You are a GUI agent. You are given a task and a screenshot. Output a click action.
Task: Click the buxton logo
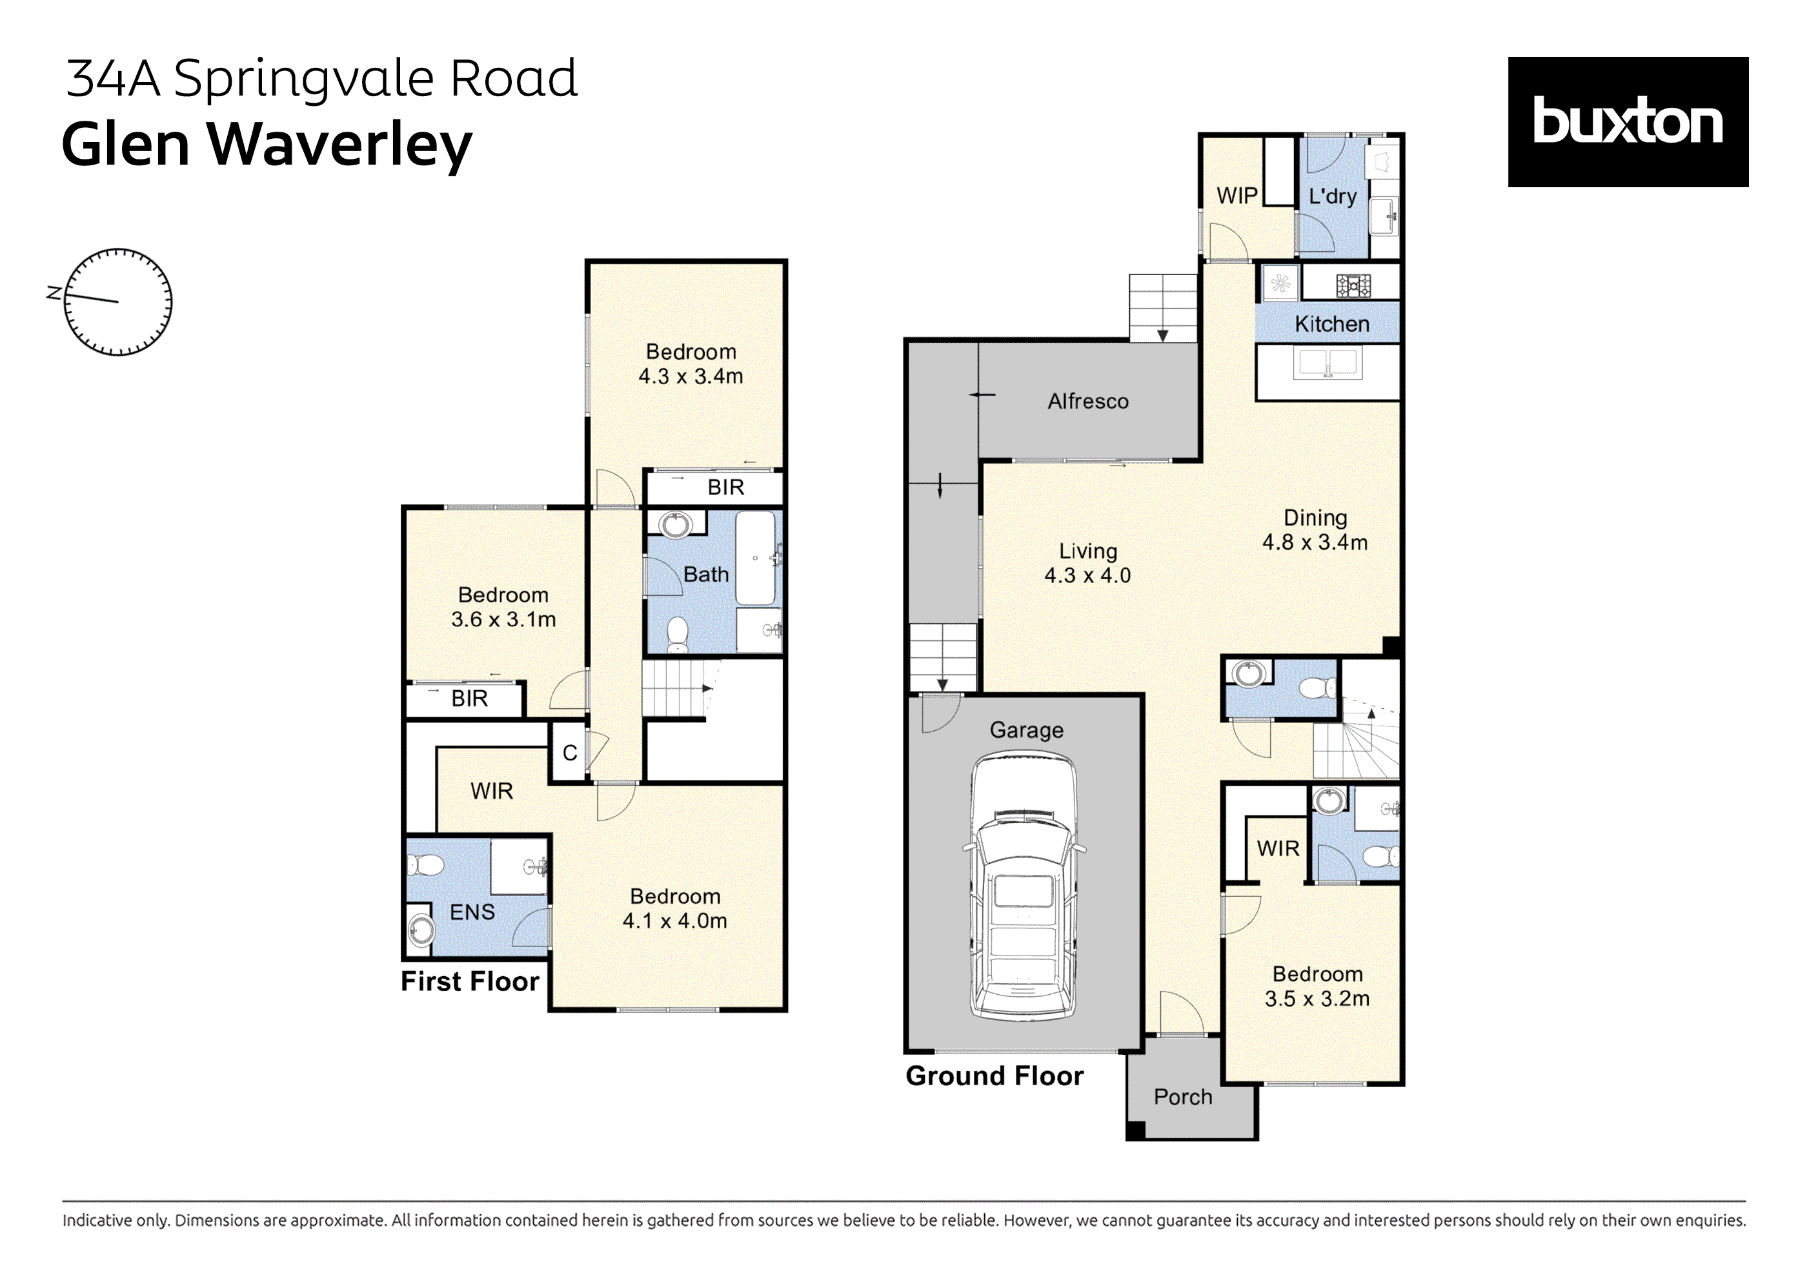pyautogui.click(x=1627, y=122)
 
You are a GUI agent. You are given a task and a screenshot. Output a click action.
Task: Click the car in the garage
pyautogui.click(x=1023, y=885)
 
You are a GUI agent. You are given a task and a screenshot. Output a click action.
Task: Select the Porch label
pyautogui.click(x=1182, y=1097)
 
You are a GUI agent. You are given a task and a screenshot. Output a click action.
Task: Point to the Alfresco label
pyautogui.click(x=1087, y=402)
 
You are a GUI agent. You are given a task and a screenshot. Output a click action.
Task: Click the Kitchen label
pyautogui.click(x=1331, y=323)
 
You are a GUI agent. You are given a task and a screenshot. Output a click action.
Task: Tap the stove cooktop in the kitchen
pyautogui.click(x=1353, y=285)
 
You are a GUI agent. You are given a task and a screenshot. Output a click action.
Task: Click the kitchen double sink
pyautogui.click(x=1327, y=363)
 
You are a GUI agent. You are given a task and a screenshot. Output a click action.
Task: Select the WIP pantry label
pyautogui.click(x=1237, y=195)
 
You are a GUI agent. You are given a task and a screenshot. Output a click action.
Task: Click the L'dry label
pyautogui.click(x=1333, y=196)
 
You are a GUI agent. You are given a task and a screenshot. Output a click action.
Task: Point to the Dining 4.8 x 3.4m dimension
pyautogui.click(x=1315, y=542)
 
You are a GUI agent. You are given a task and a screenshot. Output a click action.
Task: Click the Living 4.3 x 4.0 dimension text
pyautogui.click(x=1087, y=575)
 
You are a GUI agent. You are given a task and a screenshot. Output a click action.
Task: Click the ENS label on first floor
pyautogui.click(x=472, y=912)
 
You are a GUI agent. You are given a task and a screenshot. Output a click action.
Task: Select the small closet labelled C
pyautogui.click(x=570, y=753)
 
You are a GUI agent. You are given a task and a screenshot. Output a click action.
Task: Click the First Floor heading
pyautogui.click(x=470, y=981)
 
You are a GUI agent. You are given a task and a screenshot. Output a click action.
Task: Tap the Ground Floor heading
pyautogui.click(x=994, y=1076)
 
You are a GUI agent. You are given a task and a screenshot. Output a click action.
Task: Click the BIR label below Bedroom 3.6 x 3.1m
pyautogui.click(x=469, y=699)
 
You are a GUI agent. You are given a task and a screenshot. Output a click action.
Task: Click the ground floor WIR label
pyautogui.click(x=1277, y=848)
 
